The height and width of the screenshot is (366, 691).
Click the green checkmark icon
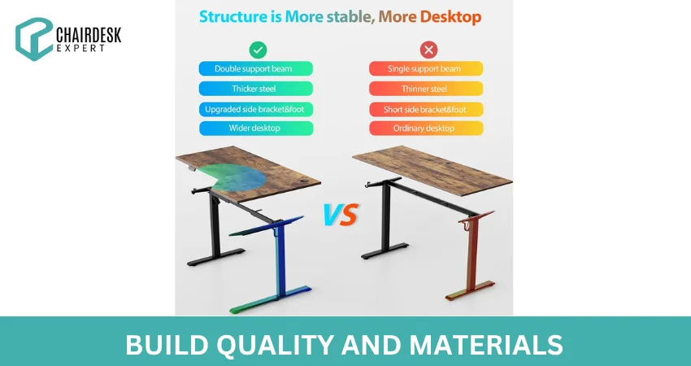pos(257,50)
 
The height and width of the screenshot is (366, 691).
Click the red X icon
pos(428,50)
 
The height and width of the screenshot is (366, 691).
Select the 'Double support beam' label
pos(256,69)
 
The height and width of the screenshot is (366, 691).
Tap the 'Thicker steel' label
pos(256,89)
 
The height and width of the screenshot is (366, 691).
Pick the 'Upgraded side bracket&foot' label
pos(256,109)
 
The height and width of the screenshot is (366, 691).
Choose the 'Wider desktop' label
pos(256,129)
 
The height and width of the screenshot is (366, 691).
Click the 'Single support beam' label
pos(426,69)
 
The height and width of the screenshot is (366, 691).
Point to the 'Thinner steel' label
pos(426,89)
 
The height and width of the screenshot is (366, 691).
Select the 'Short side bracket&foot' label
pos(426,109)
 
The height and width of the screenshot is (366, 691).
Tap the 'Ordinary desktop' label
pos(426,129)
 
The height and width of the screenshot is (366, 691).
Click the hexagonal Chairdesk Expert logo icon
pos(33,39)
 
